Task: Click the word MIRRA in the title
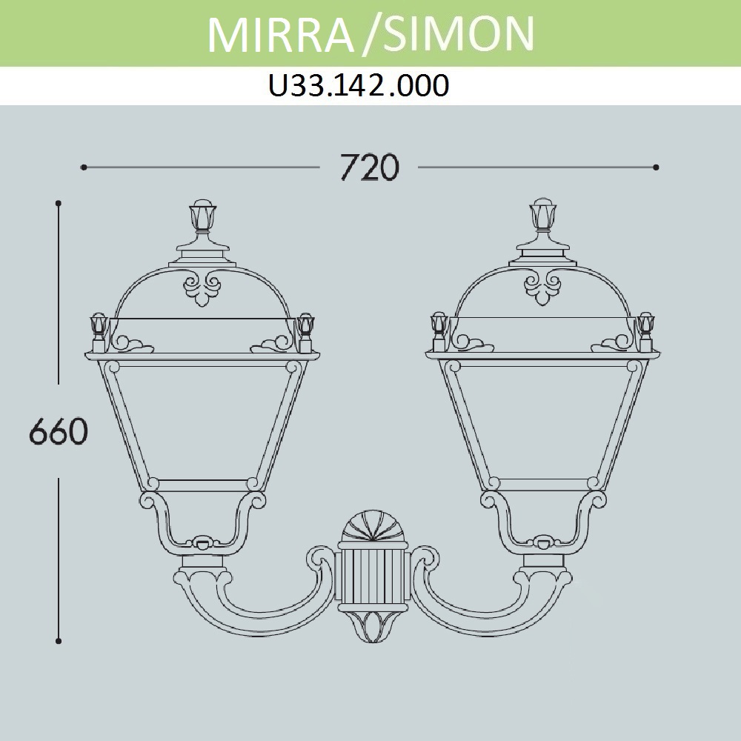click(x=281, y=35)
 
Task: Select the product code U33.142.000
click(x=359, y=86)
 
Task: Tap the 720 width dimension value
click(x=370, y=167)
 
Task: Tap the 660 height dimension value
click(x=59, y=431)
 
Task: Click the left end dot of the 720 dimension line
click(x=84, y=167)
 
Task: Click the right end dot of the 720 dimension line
click(x=656, y=167)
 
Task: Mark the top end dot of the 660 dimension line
click(x=59, y=203)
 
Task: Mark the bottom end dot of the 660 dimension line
click(x=59, y=641)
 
